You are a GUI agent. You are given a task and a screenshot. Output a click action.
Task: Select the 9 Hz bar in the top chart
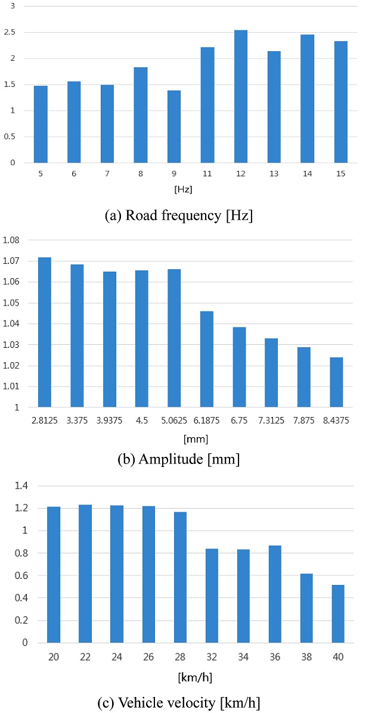(x=174, y=127)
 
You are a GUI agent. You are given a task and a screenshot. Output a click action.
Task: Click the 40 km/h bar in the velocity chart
(x=337, y=614)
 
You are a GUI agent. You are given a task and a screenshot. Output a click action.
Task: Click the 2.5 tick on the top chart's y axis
(x=12, y=32)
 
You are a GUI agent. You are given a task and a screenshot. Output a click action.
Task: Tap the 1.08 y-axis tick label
(x=13, y=240)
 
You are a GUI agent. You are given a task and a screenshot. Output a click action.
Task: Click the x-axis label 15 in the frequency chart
(x=340, y=174)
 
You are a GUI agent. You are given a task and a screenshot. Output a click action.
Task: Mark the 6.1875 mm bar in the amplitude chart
(x=206, y=359)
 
